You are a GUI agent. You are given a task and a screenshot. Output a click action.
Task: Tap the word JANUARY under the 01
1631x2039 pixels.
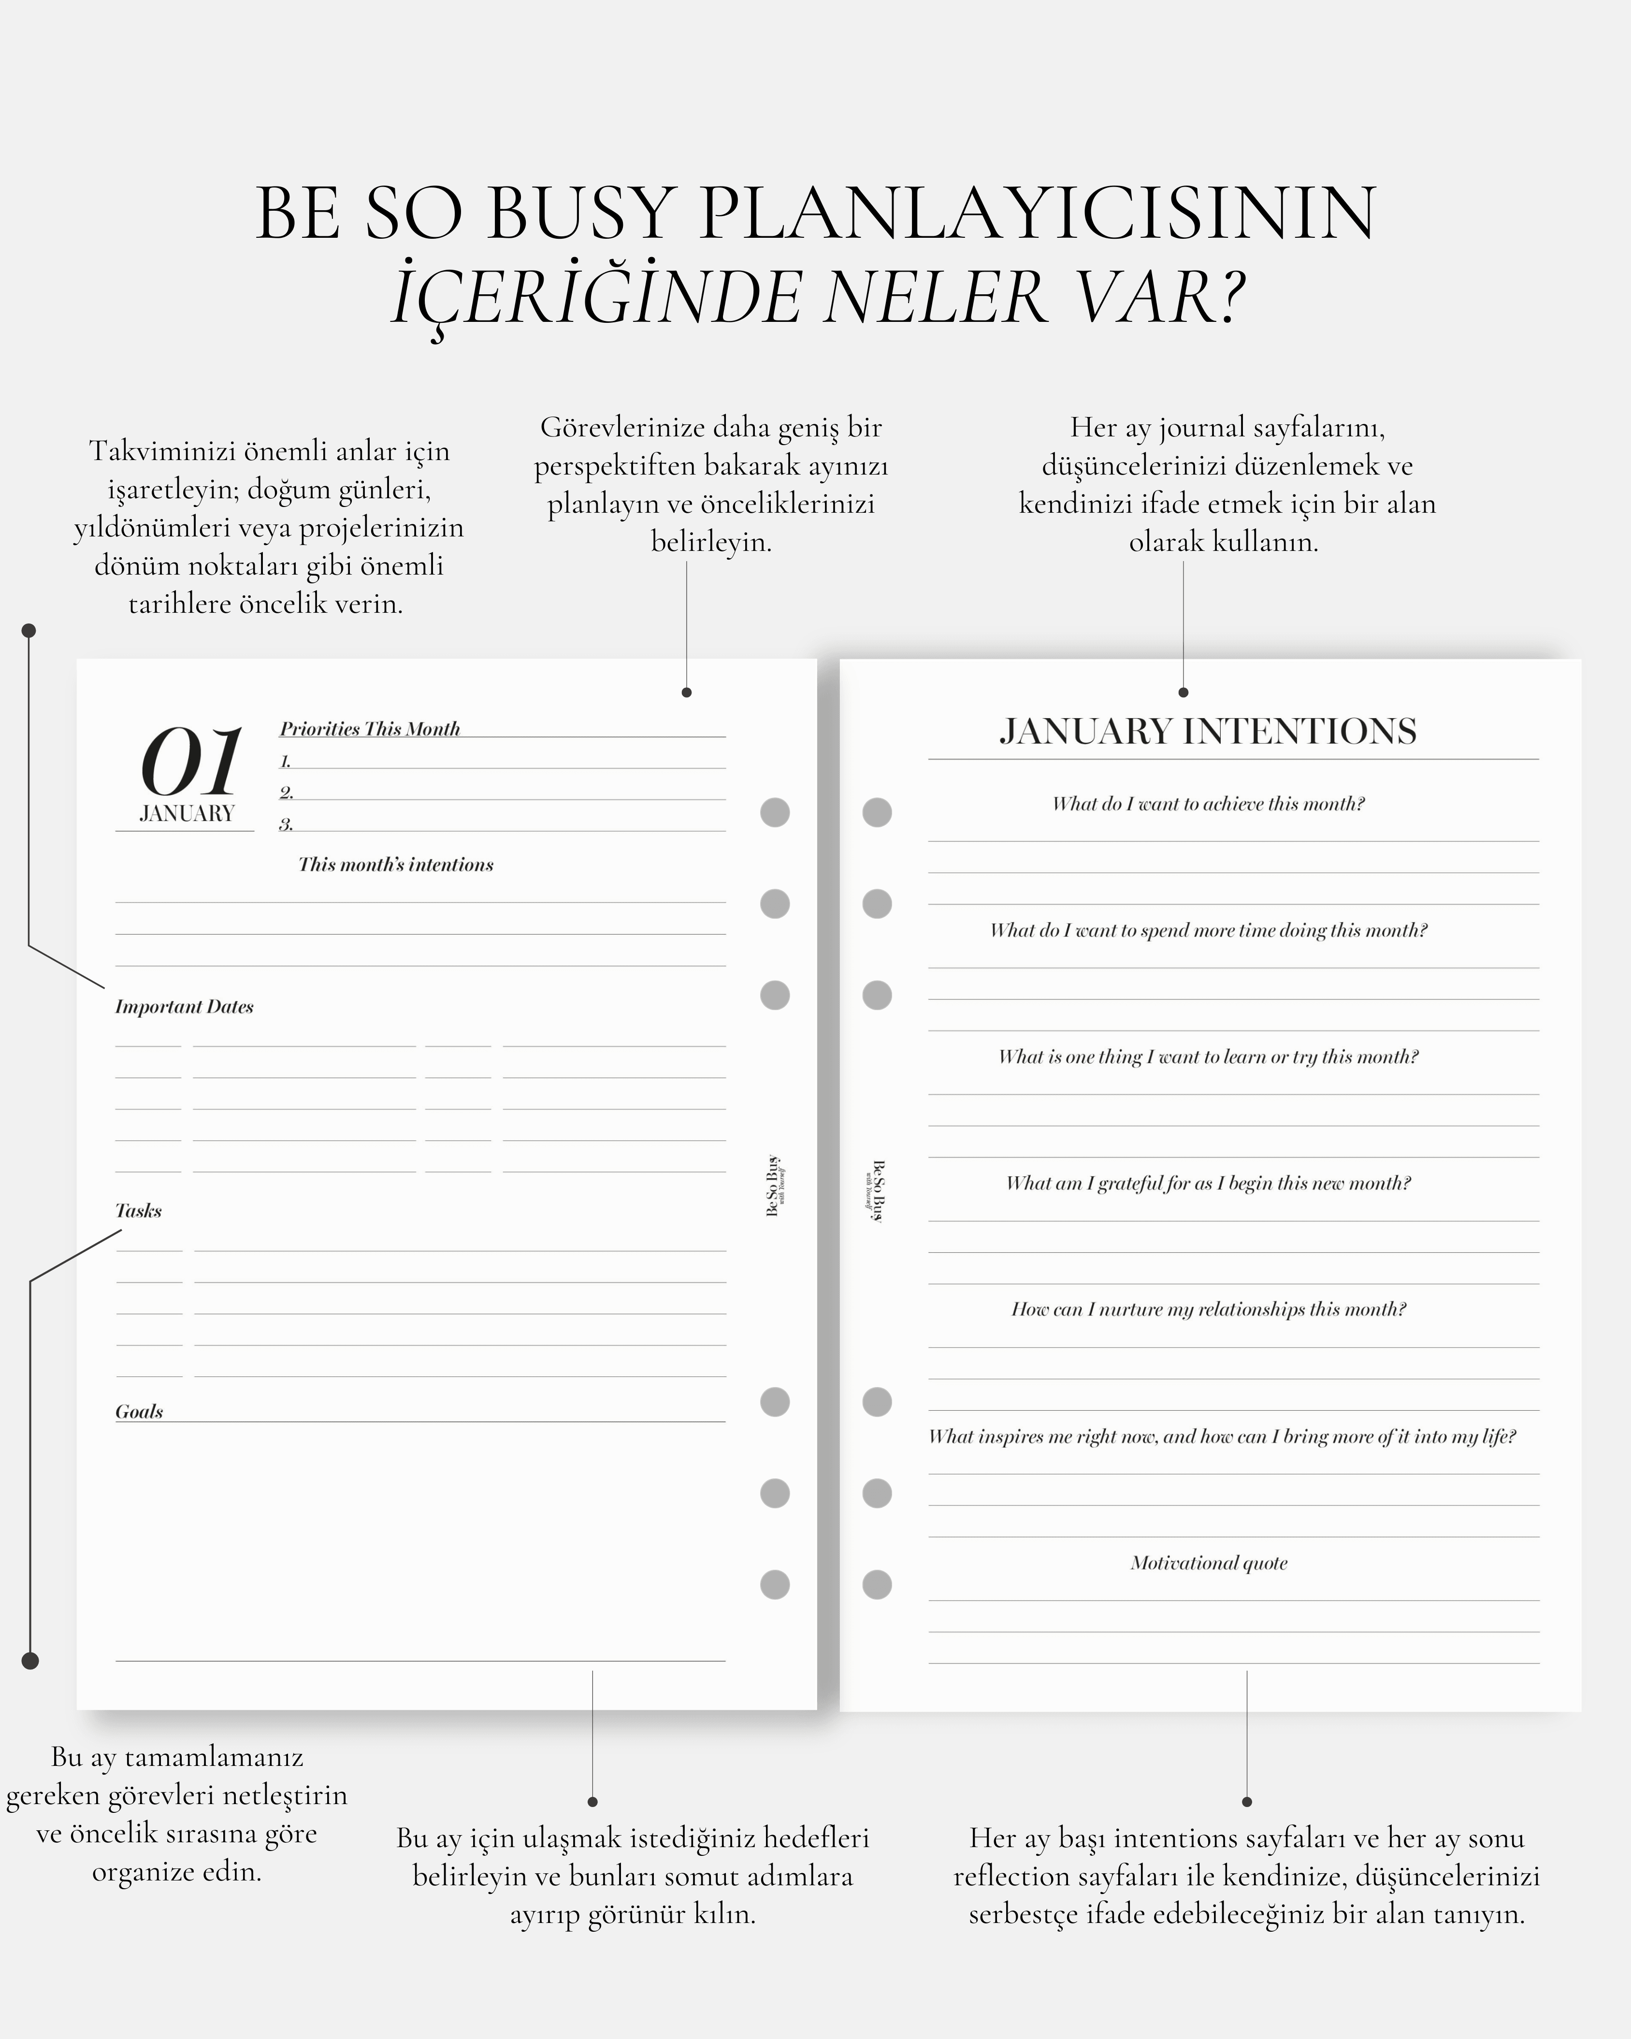(x=186, y=813)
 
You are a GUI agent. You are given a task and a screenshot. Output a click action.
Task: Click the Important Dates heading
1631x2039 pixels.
(x=185, y=1006)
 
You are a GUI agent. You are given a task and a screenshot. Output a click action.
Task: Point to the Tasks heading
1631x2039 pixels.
(x=138, y=1211)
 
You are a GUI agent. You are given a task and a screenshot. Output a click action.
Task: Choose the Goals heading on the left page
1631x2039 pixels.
(x=139, y=1411)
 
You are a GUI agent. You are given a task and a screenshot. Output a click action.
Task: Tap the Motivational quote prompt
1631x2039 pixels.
(x=1208, y=1562)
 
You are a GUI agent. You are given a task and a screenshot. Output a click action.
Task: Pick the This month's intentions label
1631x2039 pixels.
(x=395, y=865)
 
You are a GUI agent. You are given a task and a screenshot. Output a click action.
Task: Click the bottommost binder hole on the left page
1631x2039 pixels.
(x=774, y=1584)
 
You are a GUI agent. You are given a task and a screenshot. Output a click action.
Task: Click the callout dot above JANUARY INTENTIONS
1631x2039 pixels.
(x=1183, y=692)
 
